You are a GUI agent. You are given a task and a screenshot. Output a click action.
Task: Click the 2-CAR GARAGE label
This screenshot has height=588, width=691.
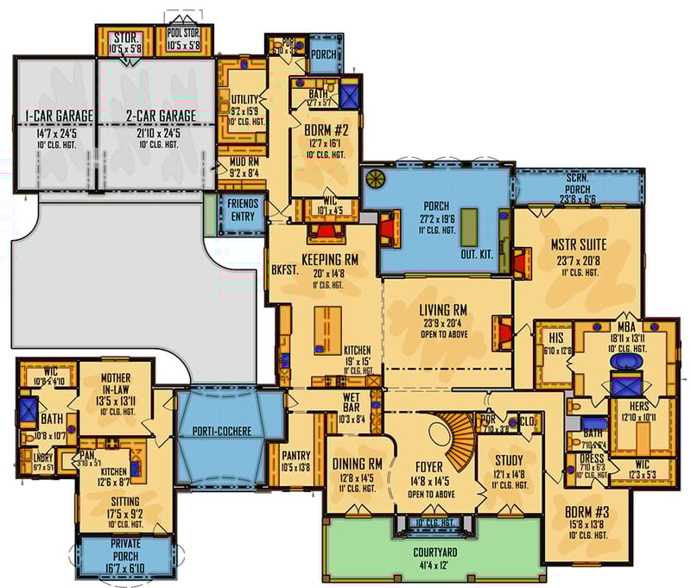point(153,116)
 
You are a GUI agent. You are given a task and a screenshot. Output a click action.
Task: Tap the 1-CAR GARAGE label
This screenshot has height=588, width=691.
point(51,116)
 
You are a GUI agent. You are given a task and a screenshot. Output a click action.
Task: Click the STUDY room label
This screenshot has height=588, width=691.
point(508,460)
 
